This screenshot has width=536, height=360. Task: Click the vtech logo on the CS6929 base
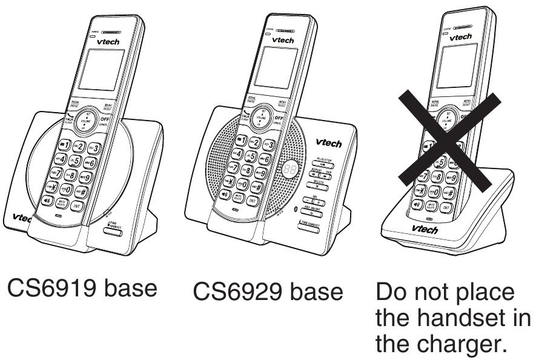(x=328, y=144)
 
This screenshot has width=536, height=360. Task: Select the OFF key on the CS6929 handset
(x=280, y=119)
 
